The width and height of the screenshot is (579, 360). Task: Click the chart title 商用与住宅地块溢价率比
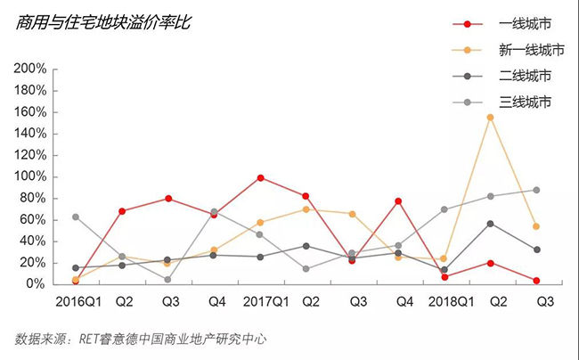tap(103, 22)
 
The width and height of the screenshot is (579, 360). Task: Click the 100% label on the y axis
tap(29, 176)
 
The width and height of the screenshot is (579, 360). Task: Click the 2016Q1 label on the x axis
tap(76, 302)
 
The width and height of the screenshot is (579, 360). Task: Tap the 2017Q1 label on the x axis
tap(260, 302)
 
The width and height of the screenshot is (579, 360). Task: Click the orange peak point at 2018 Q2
tap(490, 117)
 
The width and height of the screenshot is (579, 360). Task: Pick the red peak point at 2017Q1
tap(260, 177)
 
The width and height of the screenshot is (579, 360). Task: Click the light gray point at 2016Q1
tap(76, 217)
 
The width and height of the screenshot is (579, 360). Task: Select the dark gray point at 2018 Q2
tap(490, 223)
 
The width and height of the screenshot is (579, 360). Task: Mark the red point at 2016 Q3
tap(167, 198)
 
